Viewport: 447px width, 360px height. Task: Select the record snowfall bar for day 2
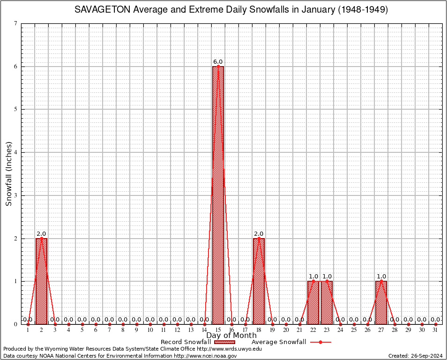coord(41,281)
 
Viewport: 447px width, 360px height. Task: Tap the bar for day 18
coord(259,281)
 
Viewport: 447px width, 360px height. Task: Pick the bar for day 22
coord(313,303)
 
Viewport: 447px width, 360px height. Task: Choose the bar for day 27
coord(381,303)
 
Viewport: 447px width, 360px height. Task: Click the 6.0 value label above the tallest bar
coord(218,62)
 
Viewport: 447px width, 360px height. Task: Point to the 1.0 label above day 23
coord(327,277)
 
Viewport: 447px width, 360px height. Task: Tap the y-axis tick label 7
coord(16,23)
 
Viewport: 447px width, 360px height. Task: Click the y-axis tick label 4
coord(16,152)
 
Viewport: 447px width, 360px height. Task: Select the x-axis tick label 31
coord(436,330)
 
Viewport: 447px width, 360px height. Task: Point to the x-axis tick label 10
coord(150,330)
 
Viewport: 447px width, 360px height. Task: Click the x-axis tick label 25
coord(354,330)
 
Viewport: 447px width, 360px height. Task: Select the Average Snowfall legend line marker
coord(320,342)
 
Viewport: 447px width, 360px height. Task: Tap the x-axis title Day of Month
coord(231,336)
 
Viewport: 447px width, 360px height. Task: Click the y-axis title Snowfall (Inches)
coord(8,173)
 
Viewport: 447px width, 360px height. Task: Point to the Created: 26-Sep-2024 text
coord(415,356)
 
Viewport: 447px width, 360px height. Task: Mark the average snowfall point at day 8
coord(123,324)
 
